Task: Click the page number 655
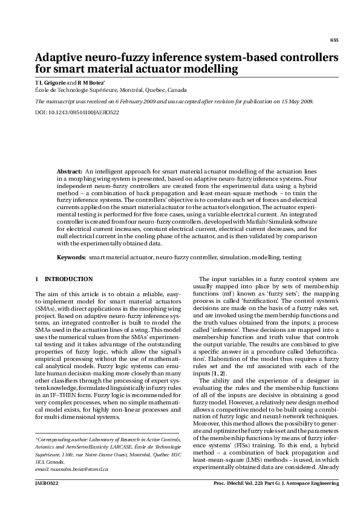click(x=333, y=40)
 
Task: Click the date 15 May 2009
click(x=296, y=102)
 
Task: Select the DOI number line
click(x=77, y=112)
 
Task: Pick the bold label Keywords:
click(x=71, y=258)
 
